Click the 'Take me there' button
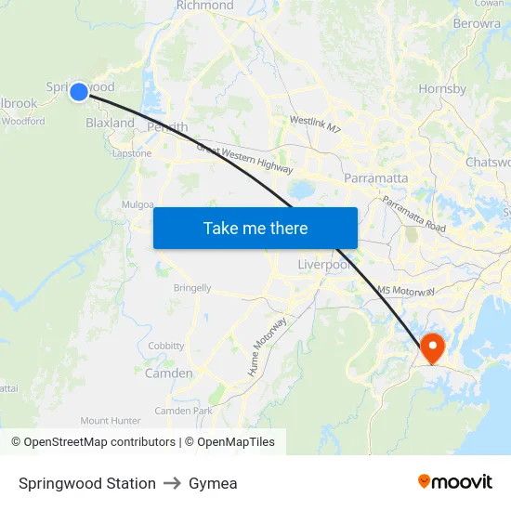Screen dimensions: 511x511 tap(255, 228)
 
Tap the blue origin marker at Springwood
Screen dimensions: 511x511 tap(79, 91)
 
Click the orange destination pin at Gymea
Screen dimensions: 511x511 tap(432, 348)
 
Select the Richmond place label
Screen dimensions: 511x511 tap(204, 6)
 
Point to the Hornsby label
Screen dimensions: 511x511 tap(442, 89)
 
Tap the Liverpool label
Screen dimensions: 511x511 tap(324, 265)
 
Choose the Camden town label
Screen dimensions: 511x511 tap(169, 373)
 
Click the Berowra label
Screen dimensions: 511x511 tap(477, 24)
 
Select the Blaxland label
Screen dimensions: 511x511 tap(110, 123)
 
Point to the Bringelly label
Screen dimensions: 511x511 tap(192, 288)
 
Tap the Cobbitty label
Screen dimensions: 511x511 tap(166, 346)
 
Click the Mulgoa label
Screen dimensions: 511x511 tap(138, 204)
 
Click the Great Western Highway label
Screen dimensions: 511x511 tap(244, 158)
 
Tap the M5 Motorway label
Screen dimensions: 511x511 tap(406, 291)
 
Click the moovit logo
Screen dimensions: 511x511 tap(455, 481)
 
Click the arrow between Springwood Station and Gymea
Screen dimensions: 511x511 tap(172, 483)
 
